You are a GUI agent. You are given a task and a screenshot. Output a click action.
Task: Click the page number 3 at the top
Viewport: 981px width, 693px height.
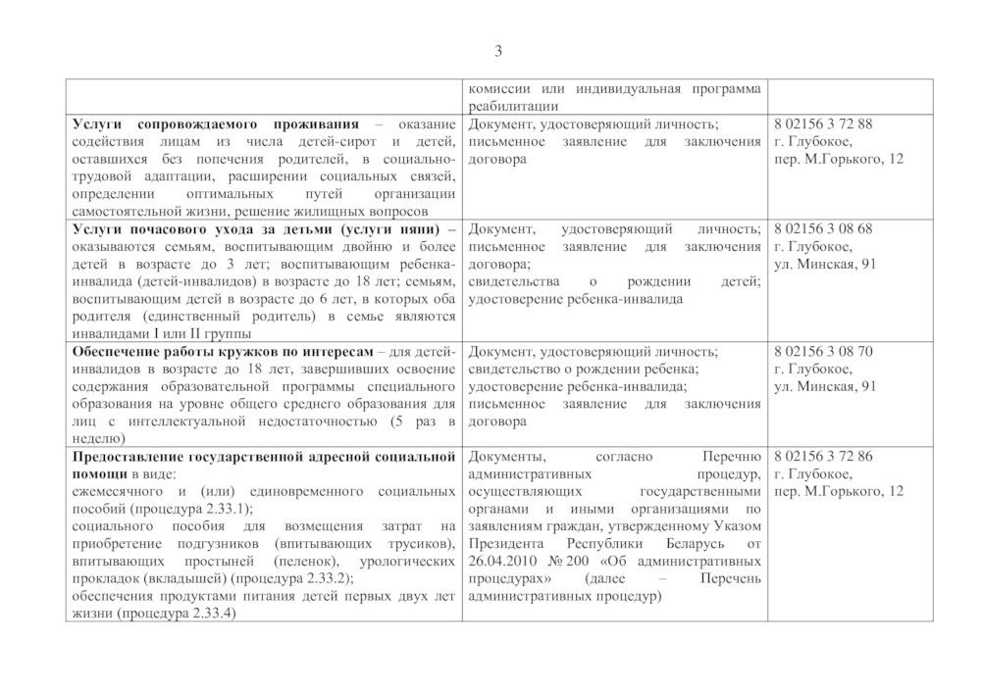click(497, 52)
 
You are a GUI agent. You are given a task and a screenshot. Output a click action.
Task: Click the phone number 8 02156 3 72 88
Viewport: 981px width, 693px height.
click(823, 124)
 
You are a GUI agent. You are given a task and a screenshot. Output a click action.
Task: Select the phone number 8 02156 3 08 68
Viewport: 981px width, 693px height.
click(823, 229)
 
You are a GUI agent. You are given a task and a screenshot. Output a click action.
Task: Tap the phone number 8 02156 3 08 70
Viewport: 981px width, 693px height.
click(823, 352)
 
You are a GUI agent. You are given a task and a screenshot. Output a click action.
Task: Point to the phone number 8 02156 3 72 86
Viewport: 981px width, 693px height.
click(823, 457)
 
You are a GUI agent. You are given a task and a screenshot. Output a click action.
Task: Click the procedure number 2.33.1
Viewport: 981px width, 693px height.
click(225, 509)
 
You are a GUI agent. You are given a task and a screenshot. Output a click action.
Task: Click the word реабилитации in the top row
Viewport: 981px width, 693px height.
click(515, 106)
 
